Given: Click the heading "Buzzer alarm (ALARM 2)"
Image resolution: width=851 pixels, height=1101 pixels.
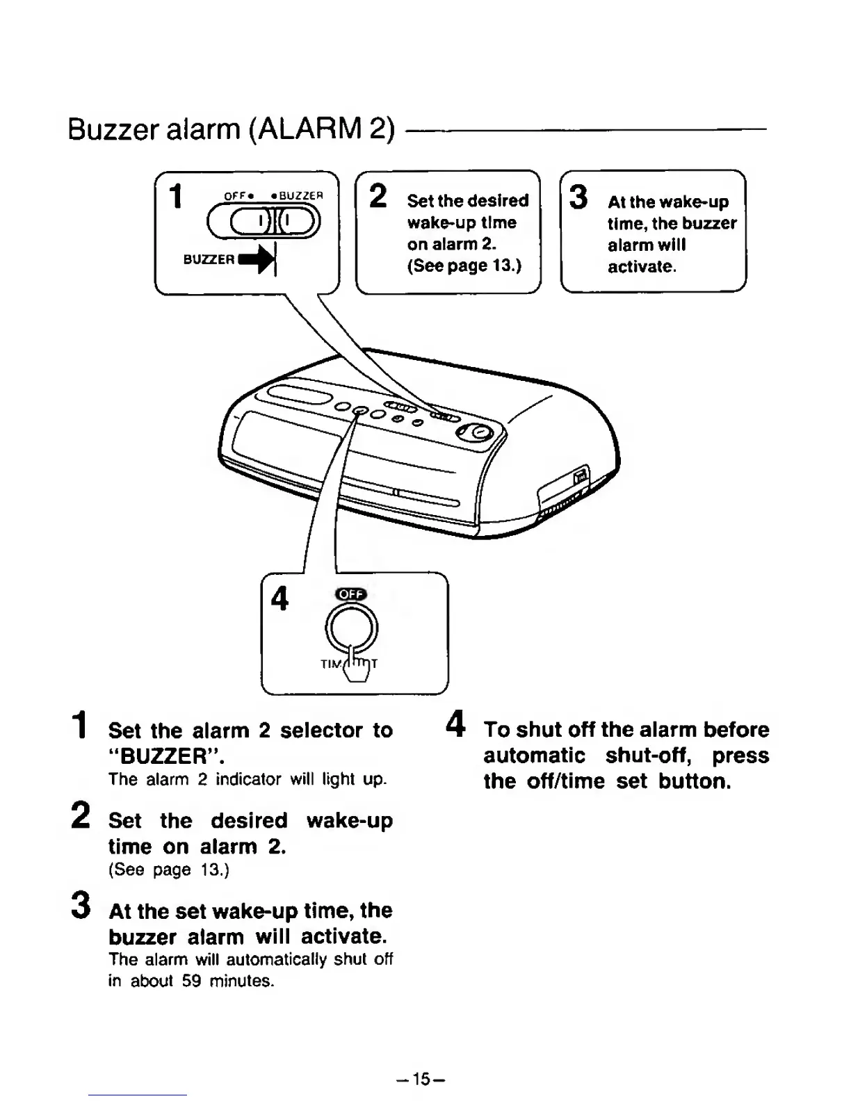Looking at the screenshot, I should [x=232, y=129].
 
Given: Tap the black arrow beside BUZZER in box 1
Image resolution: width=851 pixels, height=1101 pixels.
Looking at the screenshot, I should [x=259, y=259].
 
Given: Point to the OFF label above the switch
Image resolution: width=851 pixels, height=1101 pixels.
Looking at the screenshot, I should [x=234, y=196].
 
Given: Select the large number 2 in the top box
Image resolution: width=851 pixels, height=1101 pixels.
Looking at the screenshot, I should [x=378, y=195].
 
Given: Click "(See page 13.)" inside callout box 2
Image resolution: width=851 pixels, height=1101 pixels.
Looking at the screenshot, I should [x=464, y=266].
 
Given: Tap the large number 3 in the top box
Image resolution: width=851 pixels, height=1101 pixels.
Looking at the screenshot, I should [x=578, y=197].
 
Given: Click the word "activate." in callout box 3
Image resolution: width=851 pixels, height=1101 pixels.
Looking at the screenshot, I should [x=641, y=267].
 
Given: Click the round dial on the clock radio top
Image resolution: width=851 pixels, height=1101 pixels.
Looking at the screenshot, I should [x=476, y=434].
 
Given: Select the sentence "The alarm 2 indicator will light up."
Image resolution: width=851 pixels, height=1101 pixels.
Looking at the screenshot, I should [x=247, y=779].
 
